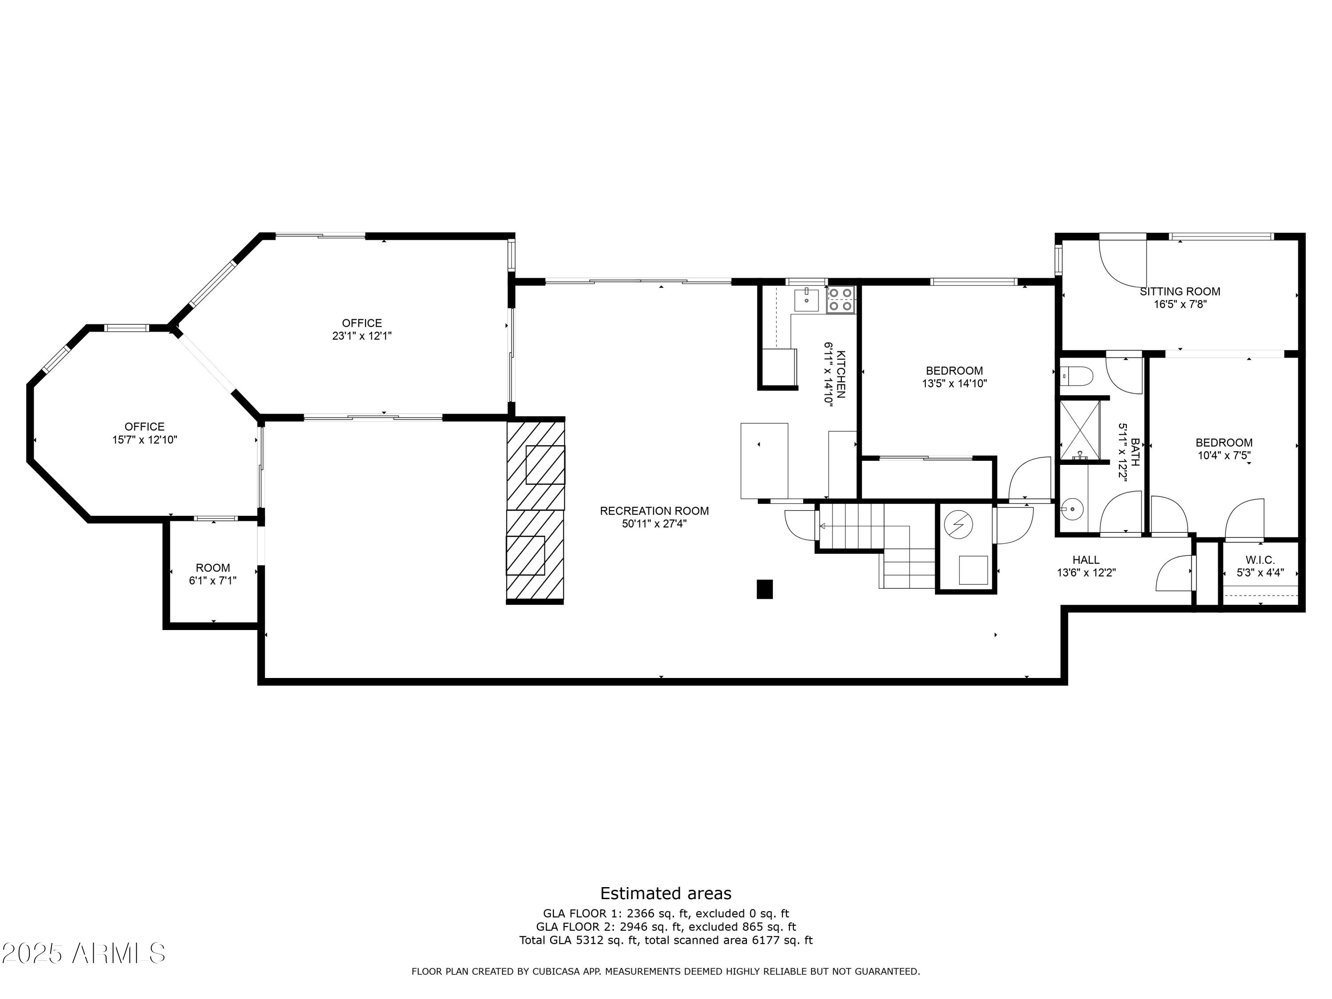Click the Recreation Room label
click(x=654, y=511)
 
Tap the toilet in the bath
click(x=1076, y=377)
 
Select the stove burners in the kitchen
click(x=840, y=300)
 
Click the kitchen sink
click(x=806, y=300)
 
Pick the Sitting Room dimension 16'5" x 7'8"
click(x=1180, y=305)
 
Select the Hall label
click(x=1086, y=559)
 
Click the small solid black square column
click(x=764, y=589)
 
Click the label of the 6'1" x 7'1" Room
click(x=213, y=568)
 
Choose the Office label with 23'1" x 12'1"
click(x=362, y=323)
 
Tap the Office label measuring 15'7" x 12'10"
click(x=144, y=427)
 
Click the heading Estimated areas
click(x=666, y=893)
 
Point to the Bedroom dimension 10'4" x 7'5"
click(x=1224, y=456)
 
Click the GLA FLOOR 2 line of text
click(x=666, y=927)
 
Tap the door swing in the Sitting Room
click(x=1123, y=264)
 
